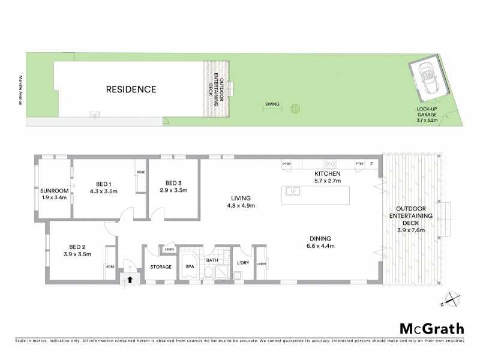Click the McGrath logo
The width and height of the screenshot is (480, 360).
(431, 328)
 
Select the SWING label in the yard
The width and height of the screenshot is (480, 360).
(272, 104)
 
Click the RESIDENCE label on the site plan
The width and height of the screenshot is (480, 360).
(131, 90)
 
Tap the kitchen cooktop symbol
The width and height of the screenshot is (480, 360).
(330, 164)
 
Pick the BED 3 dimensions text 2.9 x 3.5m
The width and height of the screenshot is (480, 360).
(175, 190)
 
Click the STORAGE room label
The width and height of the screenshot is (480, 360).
(160, 266)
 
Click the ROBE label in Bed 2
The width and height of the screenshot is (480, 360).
(110, 266)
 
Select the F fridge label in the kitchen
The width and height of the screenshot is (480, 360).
(372, 164)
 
